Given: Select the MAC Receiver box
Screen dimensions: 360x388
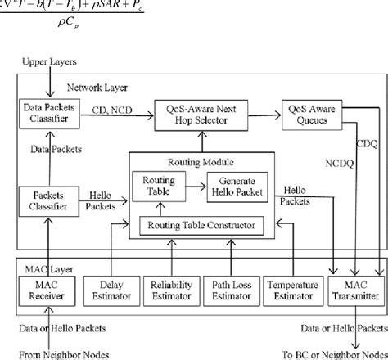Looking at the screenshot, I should (x=49, y=288).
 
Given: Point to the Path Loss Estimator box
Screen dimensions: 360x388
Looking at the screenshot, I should (x=228, y=288).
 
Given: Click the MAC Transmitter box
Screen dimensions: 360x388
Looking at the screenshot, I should (x=354, y=288).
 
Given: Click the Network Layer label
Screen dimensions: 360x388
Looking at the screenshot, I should (x=92, y=87).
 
